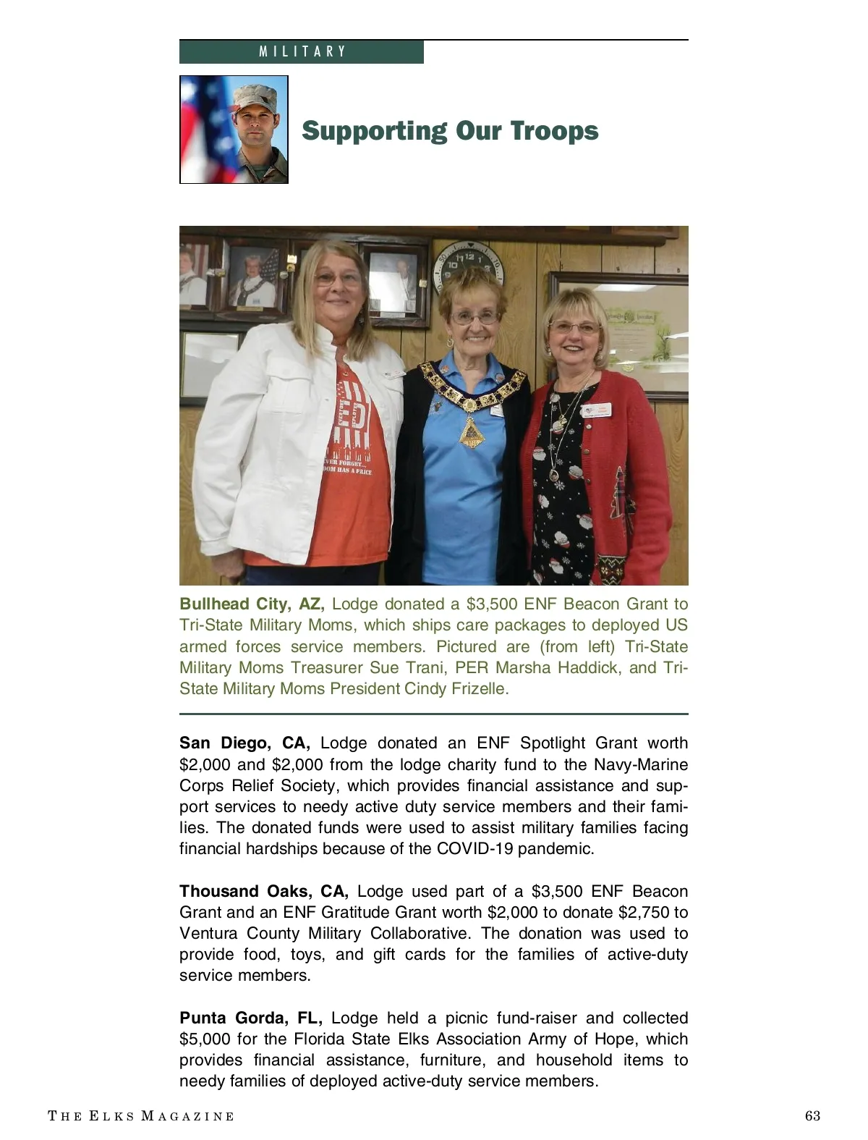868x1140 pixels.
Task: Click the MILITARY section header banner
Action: pyautogui.click(x=302, y=52)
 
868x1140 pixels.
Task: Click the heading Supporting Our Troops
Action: pyautogui.click(x=450, y=131)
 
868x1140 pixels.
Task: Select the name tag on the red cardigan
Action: pyautogui.click(x=600, y=409)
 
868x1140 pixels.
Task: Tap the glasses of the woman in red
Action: pyautogui.click(x=574, y=327)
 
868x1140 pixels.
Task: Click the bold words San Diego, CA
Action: pyautogui.click(x=244, y=743)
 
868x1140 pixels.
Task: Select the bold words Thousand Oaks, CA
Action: pyautogui.click(x=264, y=891)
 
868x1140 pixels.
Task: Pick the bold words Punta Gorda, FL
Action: pyautogui.click(x=250, y=1018)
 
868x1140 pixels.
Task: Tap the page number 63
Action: pyautogui.click(x=812, y=1115)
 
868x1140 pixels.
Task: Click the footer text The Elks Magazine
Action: pyautogui.click(x=141, y=1116)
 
